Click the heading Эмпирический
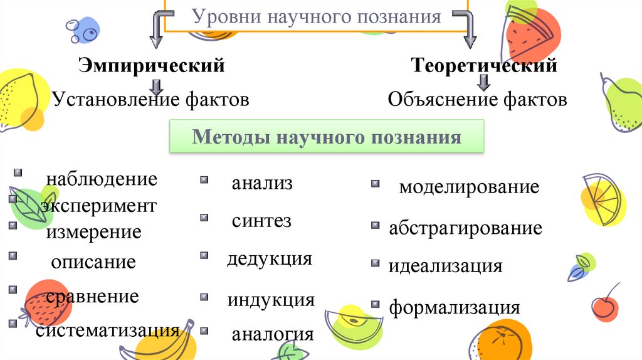tap(151, 65)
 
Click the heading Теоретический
tap(483, 65)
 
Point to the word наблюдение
tap(101, 179)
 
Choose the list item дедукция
tap(270, 258)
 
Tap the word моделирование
tap(469, 187)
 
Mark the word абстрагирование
tap(465, 228)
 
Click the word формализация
tap(455, 308)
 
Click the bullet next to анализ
tap(204, 181)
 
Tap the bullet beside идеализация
tap(375, 263)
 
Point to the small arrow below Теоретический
tap(483, 82)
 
